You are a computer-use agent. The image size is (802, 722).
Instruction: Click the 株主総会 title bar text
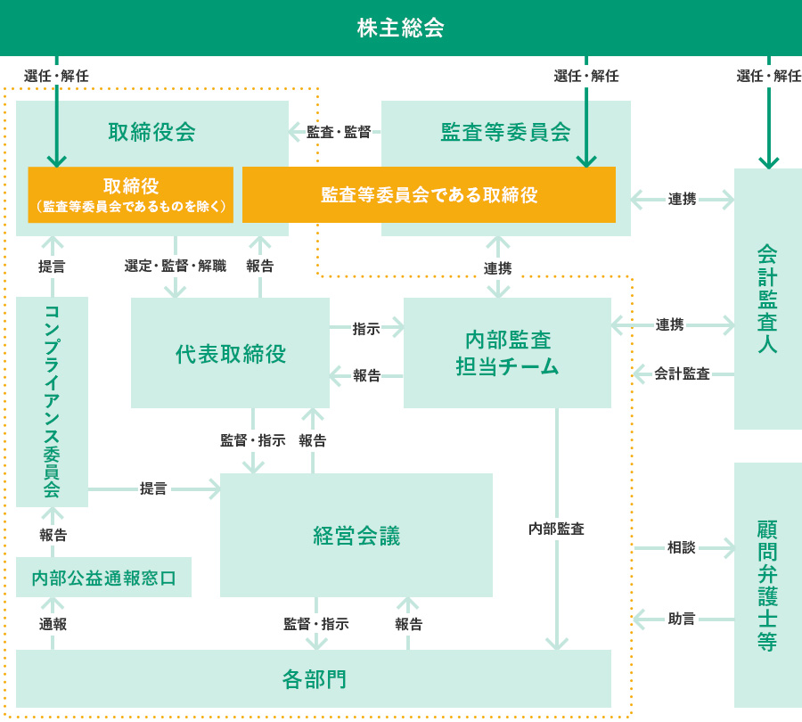tap(400, 28)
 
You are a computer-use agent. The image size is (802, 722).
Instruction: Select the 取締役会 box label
tap(151, 132)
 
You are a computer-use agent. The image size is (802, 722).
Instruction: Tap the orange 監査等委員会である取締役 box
tap(429, 194)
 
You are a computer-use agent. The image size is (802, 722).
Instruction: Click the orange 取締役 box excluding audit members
tap(131, 194)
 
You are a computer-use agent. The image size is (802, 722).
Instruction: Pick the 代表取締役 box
tap(230, 354)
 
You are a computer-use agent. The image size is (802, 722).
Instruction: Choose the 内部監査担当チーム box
tap(507, 353)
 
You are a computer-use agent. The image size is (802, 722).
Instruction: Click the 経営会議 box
tap(356, 536)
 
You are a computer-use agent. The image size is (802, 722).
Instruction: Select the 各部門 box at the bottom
tap(314, 679)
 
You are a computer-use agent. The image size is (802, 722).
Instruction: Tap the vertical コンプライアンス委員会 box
tap(52, 401)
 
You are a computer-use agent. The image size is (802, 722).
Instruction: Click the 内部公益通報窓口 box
tap(103, 578)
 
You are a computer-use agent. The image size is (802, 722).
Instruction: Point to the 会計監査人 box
tap(767, 299)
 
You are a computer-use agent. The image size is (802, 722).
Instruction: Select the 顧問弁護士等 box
tap(767, 585)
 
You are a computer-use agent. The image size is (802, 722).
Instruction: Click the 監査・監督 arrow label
tap(339, 132)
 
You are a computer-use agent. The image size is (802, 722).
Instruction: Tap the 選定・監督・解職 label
tap(176, 266)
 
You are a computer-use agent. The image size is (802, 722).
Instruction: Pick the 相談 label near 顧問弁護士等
tap(681, 547)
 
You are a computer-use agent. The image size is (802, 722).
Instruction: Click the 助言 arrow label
tap(681, 618)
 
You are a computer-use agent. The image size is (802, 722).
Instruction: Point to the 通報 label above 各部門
tap(53, 624)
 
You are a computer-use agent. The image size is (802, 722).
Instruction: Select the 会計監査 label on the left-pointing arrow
tap(682, 374)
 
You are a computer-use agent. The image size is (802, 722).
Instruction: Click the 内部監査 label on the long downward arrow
tap(556, 529)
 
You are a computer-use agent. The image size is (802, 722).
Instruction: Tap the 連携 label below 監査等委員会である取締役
tap(497, 267)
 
